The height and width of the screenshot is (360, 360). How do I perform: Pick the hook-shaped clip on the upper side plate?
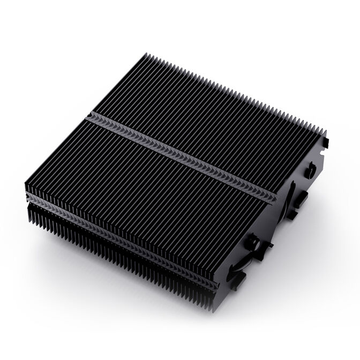click(310, 171)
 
